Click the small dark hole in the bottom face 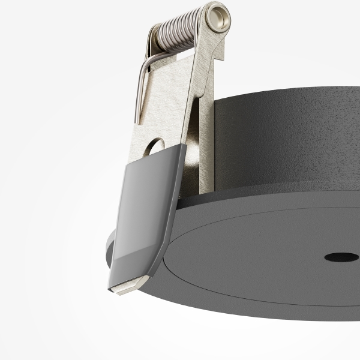(341, 257)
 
